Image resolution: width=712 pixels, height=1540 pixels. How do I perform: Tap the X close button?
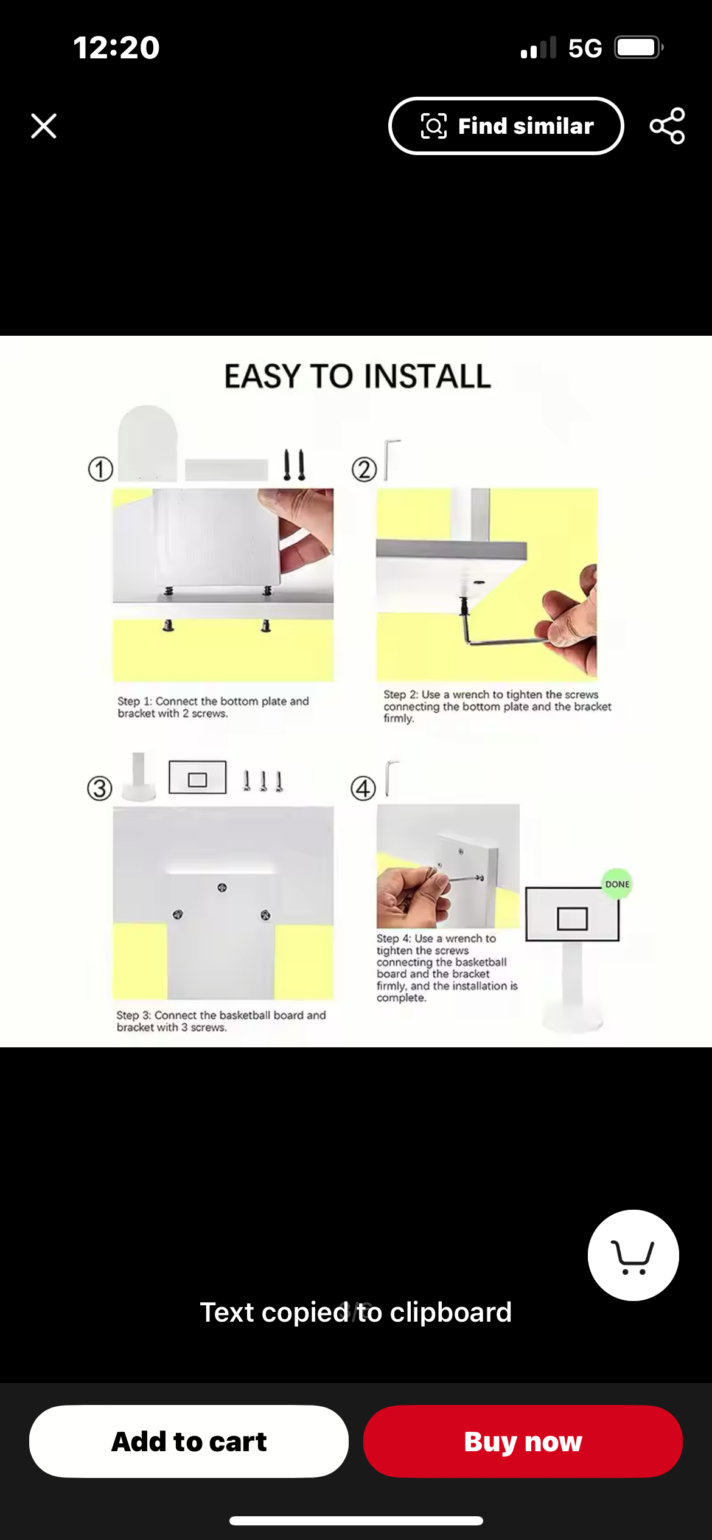coord(44,126)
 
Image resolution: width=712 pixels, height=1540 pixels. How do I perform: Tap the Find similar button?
coord(506,126)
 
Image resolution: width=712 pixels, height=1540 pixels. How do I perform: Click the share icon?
coord(668,126)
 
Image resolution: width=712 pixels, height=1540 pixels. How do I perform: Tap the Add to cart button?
coord(189,1441)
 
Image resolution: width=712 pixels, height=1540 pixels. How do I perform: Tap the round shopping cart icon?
coord(633,1255)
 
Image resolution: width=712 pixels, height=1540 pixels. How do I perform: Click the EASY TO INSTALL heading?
coord(358,376)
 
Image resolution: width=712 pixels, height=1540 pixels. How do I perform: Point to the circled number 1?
coord(100,469)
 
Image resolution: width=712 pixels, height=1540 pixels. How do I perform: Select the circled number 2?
coord(364,470)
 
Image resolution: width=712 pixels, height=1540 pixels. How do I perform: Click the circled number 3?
coord(100,788)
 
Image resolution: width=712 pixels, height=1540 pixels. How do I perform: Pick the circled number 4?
coord(363,789)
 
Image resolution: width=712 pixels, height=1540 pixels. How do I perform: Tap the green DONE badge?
coord(617,884)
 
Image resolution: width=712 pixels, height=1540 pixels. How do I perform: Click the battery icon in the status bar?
coord(638,47)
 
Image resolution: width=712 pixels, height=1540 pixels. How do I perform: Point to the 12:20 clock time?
coord(116,47)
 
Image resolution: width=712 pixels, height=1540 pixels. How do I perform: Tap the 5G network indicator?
coord(585,48)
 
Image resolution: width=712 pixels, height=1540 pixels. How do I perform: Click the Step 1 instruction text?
coord(213,707)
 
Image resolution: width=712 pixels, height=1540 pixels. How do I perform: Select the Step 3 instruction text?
coord(221,1021)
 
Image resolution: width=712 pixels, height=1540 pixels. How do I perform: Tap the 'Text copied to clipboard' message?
coord(356,1312)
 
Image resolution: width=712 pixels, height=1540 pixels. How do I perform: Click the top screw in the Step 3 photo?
coord(222,887)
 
